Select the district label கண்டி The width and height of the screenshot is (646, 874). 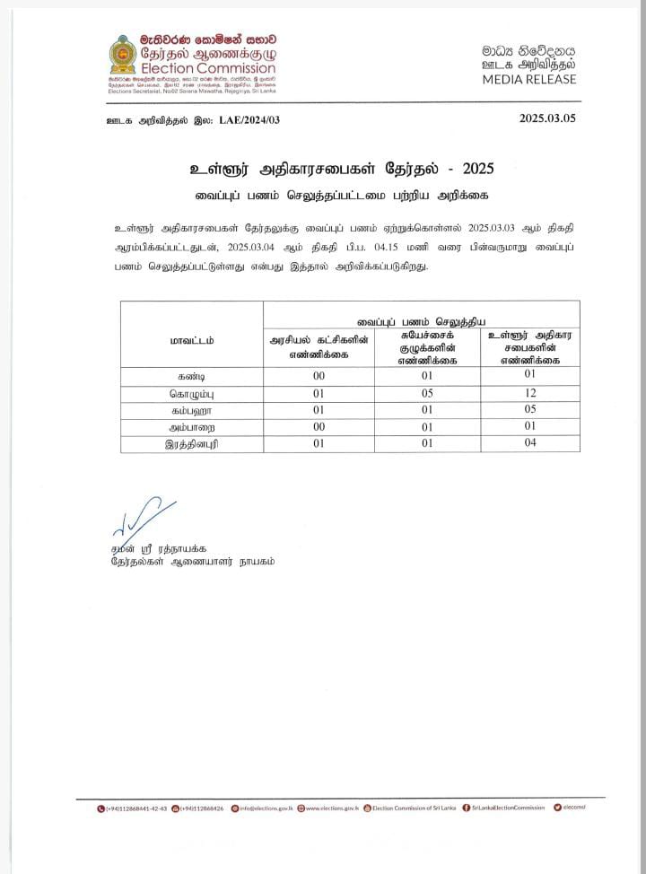pyautogui.click(x=192, y=376)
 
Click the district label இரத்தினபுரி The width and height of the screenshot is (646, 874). pyautogui.click(x=192, y=443)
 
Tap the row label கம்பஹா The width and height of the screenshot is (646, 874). pyautogui.click(x=192, y=410)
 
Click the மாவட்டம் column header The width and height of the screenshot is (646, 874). pyautogui.click(x=192, y=341)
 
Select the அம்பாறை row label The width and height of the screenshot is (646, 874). pyautogui.click(x=192, y=427)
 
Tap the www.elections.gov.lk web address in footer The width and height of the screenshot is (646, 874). pyautogui.click(x=331, y=808)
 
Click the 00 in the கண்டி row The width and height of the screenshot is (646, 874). pyautogui.click(x=319, y=376)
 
